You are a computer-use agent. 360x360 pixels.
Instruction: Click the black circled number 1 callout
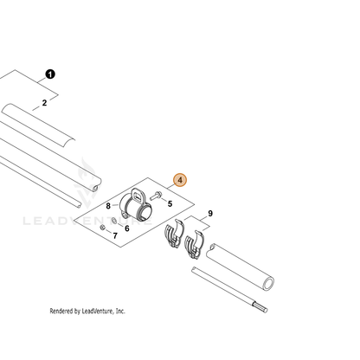point(50,74)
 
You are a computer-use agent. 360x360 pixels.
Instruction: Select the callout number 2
point(44,103)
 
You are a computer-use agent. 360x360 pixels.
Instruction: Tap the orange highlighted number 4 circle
point(180,180)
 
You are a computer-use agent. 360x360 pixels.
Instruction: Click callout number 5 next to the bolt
point(170,204)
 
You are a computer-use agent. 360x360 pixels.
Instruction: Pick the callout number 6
point(127,228)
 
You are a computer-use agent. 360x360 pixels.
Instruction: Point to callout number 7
point(115,236)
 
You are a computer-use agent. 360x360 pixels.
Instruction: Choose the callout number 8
point(108,206)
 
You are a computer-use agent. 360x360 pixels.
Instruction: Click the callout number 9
point(210,214)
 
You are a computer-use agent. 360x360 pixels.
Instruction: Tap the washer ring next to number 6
point(114,221)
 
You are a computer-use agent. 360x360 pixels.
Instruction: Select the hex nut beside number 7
point(102,228)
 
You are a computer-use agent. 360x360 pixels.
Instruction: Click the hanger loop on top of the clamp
point(138,196)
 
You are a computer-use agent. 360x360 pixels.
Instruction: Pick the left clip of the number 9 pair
point(174,234)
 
